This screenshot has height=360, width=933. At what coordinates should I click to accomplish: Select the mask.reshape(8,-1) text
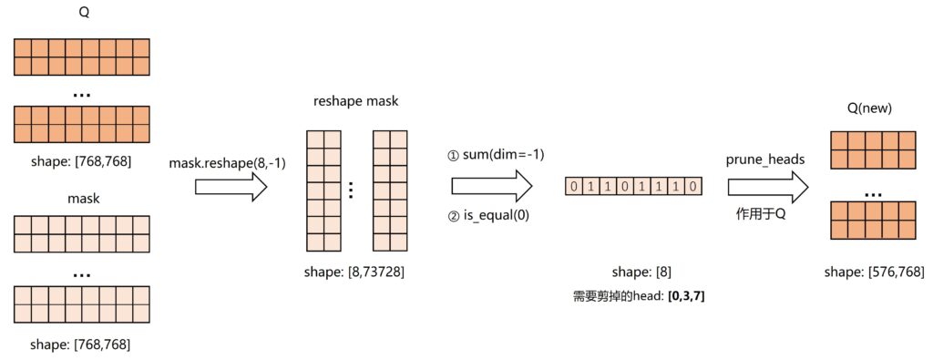coord(220,162)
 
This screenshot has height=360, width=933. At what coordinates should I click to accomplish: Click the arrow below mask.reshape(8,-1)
coord(231,189)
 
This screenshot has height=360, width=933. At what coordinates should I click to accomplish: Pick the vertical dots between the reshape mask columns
coord(353,190)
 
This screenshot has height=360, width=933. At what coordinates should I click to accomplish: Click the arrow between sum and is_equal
coord(491,186)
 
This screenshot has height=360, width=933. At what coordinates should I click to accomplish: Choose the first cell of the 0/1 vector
coord(573,187)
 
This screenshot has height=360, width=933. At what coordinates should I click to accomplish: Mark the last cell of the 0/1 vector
coord(694,187)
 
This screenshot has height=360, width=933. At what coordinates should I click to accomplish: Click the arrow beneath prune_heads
coord(767,188)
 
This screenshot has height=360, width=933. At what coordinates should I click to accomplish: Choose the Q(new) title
coord(869,108)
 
